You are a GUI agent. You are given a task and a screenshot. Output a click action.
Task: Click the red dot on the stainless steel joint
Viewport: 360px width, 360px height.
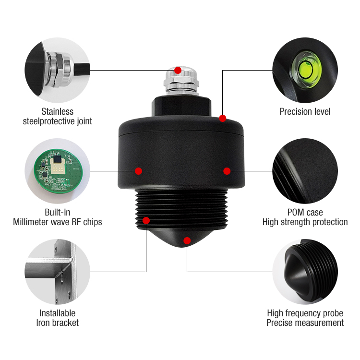[178, 70]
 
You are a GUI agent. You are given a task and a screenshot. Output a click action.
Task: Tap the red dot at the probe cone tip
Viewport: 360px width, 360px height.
[187, 240]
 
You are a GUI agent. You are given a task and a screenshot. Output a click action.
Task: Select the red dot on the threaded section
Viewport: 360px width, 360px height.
[146, 220]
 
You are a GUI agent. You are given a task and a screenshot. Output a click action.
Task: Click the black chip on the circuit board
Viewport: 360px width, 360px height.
[58, 159]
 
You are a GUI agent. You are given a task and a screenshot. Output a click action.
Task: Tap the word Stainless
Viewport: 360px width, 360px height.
[58, 111]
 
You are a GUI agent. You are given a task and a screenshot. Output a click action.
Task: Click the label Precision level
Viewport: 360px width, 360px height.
[305, 111]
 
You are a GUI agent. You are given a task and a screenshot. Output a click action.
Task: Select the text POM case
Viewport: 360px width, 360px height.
[305, 212]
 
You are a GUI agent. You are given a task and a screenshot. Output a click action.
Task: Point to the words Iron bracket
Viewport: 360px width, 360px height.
[58, 323]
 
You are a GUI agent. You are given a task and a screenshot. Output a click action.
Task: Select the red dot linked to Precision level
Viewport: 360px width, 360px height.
[222, 118]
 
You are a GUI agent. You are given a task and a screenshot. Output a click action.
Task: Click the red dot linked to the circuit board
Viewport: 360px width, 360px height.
[138, 171]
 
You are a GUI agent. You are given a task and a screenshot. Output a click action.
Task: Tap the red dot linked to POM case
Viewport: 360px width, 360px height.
[227, 171]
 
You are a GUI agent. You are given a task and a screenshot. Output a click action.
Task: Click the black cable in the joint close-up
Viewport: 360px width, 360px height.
[82, 69]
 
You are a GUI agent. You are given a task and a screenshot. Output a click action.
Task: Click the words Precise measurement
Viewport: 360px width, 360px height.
[305, 323]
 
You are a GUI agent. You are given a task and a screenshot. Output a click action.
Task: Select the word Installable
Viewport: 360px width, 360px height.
[58, 313]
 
